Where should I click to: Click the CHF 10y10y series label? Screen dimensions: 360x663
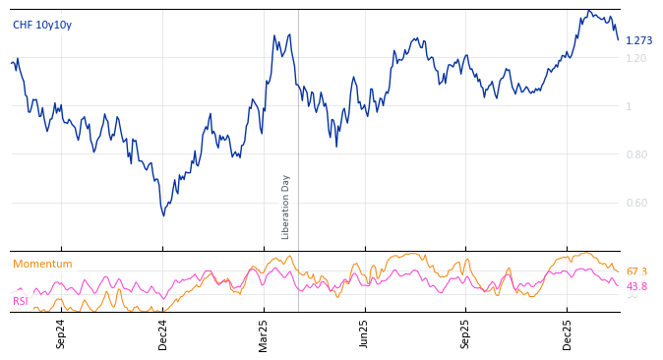coord(42,25)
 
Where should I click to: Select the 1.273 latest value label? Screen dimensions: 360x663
coord(638,40)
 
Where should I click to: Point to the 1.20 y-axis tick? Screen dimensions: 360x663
coord(636,58)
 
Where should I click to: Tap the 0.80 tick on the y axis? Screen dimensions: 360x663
coord(636,154)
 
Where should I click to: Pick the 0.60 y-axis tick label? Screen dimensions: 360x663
coord(636,203)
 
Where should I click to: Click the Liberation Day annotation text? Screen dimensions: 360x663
coord(286,207)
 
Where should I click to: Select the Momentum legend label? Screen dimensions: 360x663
coord(42,264)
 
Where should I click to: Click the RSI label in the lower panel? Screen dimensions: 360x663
coord(21,301)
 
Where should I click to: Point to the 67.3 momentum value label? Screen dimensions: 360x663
coord(636,271)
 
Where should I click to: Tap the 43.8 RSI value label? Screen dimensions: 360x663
coord(636,286)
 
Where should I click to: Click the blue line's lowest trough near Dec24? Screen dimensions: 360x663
coord(163,215)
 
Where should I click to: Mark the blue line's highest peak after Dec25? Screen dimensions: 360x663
coord(588,11)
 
